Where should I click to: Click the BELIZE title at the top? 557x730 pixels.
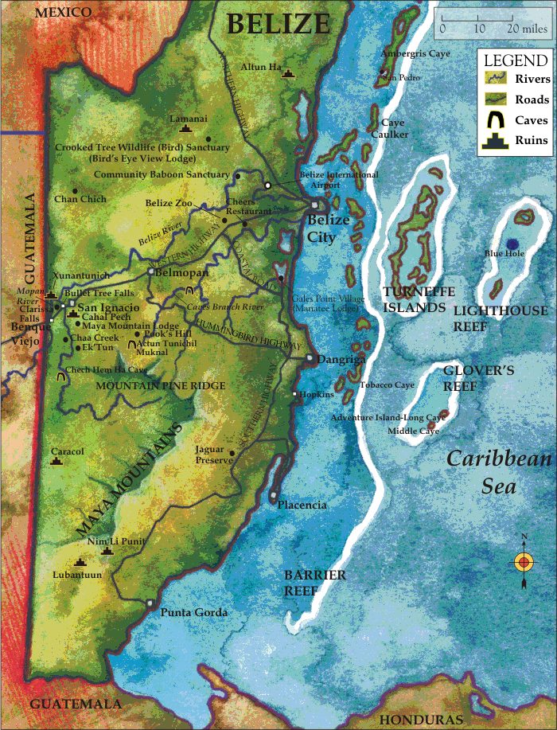click(277, 23)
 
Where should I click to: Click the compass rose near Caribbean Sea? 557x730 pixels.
click(523, 561)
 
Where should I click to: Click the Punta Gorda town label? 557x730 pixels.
click(194, 612)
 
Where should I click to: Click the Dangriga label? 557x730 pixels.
click(341, 360)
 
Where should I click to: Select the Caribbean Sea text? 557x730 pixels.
click(498, 472)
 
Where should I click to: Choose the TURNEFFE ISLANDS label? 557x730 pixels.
click(414, 299)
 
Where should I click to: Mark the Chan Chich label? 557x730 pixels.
click(80, 199)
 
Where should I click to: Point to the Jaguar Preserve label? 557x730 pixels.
click(214, 455)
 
